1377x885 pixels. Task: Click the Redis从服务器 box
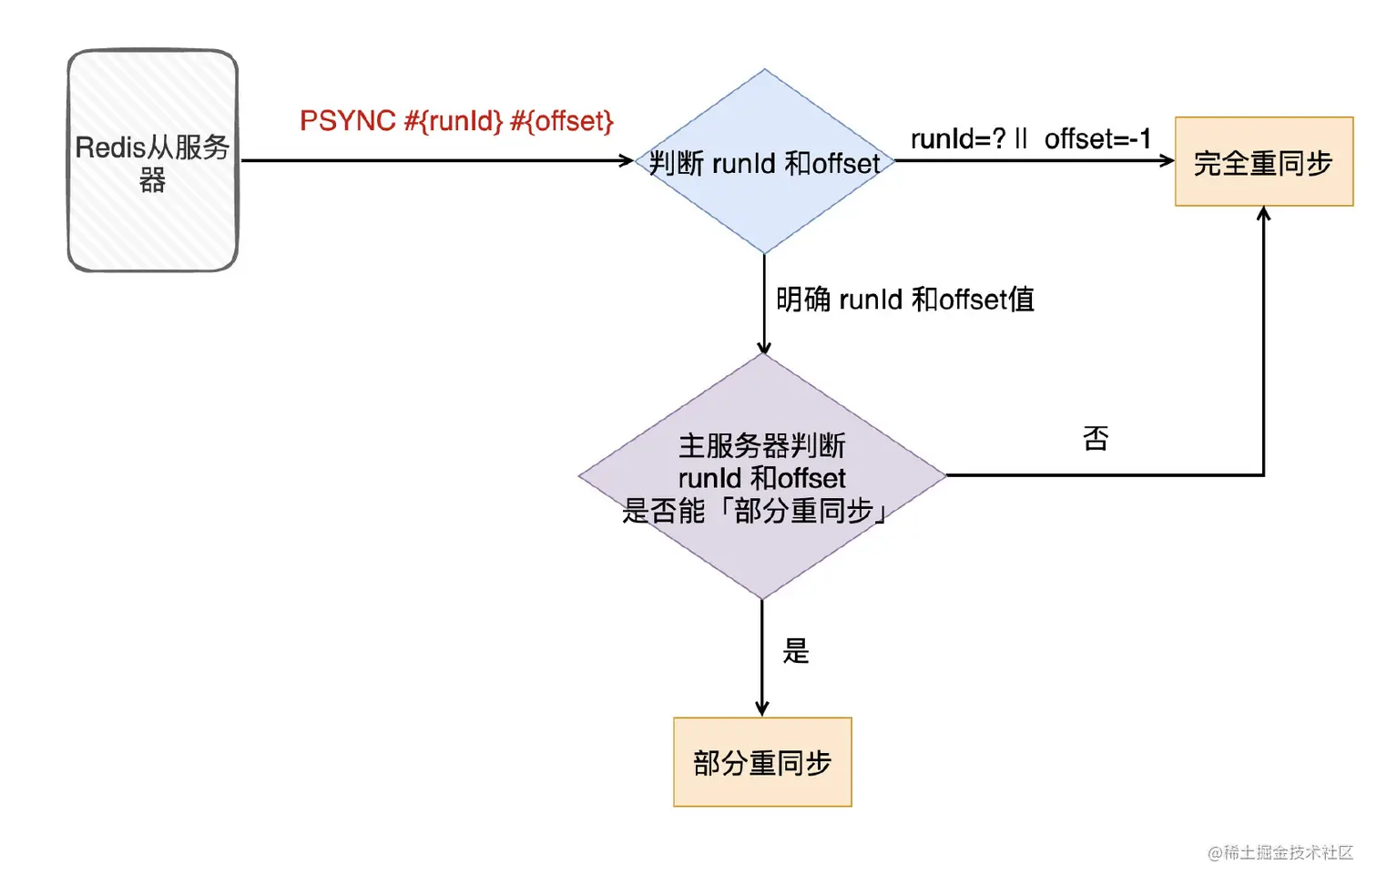(153, 160)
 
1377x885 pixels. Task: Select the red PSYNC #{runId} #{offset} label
(456, 121)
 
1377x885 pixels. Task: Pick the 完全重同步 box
(1263, 162)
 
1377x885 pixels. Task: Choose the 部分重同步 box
(762, 762)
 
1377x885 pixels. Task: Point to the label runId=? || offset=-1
(1031, 139)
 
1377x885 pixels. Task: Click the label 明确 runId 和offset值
(904, 300)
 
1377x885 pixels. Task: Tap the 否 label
(1096, 439)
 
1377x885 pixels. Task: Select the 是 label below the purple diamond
(795, 651)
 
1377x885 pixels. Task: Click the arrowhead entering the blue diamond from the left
(627, 161)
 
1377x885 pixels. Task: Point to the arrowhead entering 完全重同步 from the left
(1168, 161)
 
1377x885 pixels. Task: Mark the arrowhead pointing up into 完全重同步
(1263, 214)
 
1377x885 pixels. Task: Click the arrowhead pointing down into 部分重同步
(762, 709)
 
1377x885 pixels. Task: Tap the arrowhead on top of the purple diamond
(764, 347)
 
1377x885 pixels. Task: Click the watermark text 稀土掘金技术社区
(1288, 852)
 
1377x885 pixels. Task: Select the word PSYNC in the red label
(348, 121)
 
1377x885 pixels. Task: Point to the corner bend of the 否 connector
(1263, 474)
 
